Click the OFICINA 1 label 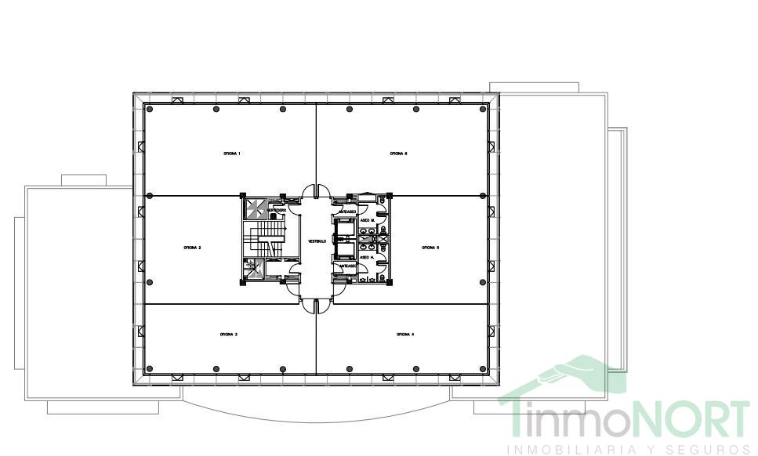[x=231, y=154]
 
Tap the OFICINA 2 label [x=193, y=248]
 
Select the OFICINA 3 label [x=229, y=335]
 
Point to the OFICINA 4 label [x=405, y=335]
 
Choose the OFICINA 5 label [x=430, y=248]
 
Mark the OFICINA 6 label [x=398, y=154]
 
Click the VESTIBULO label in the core [x=317, y=241]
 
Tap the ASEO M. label [x=366, y=221]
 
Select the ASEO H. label [x=366, y=258]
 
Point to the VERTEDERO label [x=276, y=210]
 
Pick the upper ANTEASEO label [x=347, y=212]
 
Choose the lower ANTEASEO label [x=347, y=266]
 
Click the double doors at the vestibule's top [x=317, y=190]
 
